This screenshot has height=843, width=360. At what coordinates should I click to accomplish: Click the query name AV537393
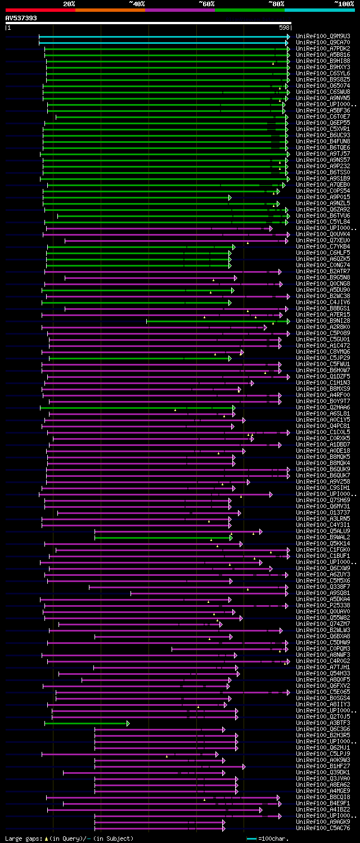coord(21,18)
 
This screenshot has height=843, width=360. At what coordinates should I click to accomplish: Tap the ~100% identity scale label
coord(344,3)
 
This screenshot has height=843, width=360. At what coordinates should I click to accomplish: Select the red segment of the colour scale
coord(40,10)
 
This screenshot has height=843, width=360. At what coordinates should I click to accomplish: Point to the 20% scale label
coord(69,3)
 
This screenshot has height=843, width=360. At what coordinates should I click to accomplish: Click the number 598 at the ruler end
coord(284,27)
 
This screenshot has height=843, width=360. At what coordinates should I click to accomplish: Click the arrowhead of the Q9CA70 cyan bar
coord(289,42)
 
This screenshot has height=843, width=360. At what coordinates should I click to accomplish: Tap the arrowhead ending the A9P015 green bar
coord(229,197)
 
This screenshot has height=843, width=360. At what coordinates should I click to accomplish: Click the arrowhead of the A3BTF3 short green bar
coord(128,723)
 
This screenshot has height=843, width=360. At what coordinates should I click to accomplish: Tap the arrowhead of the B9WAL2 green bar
coord(231,537)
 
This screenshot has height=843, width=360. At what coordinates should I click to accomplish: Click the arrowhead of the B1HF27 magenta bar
coord(244,766)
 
